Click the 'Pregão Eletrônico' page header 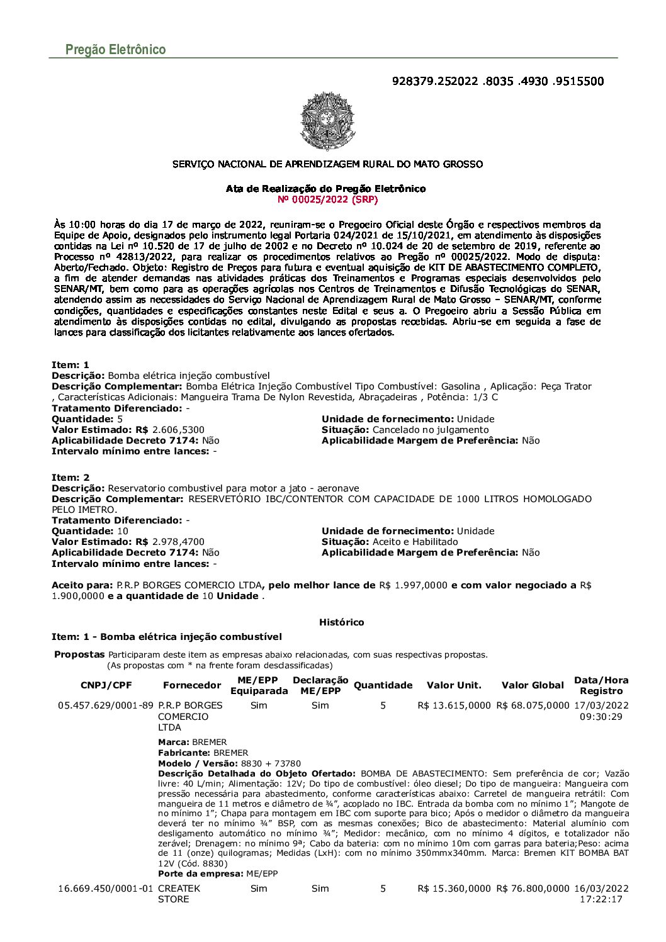coord(115,50)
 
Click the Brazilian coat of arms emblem coord(327,121)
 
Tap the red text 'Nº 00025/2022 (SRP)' coord(327,199)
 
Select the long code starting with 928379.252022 coord(497,81)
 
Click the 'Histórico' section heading coord(341,622)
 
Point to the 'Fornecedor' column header coord(192,685)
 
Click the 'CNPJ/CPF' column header coord(106,685)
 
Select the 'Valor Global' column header coord(533,685)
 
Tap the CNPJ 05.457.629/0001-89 coord(106,705)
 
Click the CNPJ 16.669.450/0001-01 coord(106,889)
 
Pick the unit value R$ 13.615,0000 coord(454,705)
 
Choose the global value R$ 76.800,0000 coord(533,889)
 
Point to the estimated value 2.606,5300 coord(178,430)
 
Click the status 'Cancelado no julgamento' coord(431,430)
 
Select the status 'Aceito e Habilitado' coord(415,542)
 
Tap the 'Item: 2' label coord(71,478)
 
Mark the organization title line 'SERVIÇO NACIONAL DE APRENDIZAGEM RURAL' coord(327,164)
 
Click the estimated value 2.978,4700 coord(178,542)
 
